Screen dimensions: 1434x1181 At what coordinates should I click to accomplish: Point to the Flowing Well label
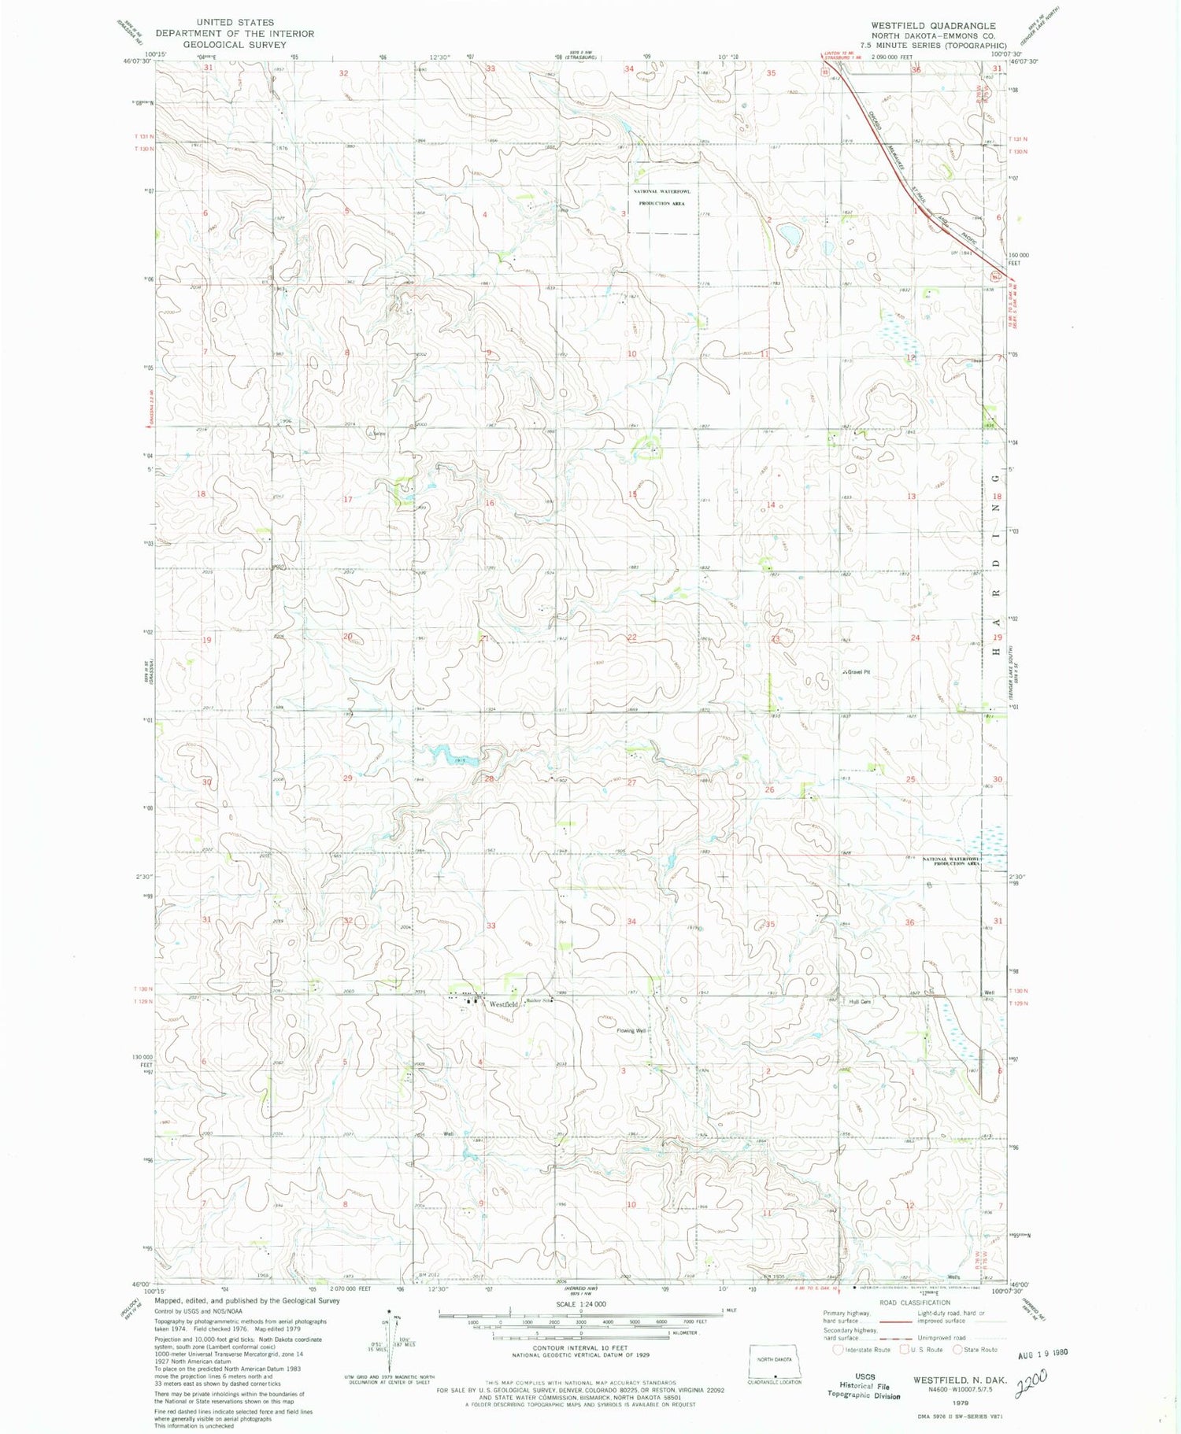631,1030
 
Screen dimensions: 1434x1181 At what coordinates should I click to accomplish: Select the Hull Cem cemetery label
860,1002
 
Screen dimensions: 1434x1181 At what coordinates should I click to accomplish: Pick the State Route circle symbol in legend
957,1349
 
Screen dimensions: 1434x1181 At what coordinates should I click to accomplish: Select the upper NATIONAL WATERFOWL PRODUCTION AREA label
661,197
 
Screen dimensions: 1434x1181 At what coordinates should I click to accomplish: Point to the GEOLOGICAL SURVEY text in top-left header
235,45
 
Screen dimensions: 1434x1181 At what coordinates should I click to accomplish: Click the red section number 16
490,503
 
